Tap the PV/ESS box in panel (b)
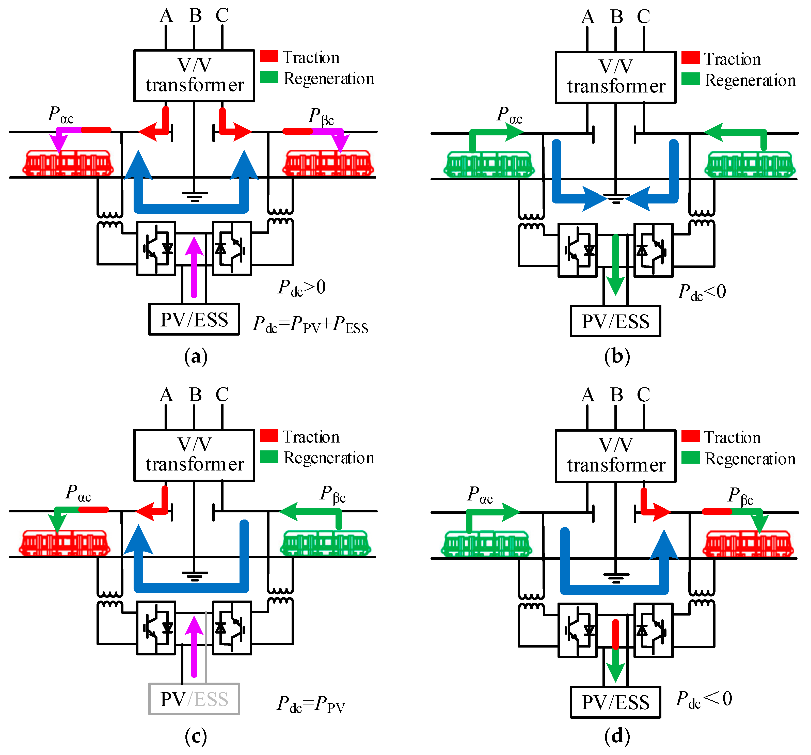pyautogui.click(x=615, y=322)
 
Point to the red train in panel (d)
pyautogui.click(x=748, y=544)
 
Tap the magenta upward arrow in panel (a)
pyautogui.click(x=194, y=267)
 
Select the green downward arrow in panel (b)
pyautogui.click(x=615, y=265)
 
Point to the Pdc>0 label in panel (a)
pyautogui.click(x=302, y=288)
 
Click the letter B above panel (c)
pyautogui.click(x=195, y=395)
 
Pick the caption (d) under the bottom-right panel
pyautogui.click(x=617, y=736)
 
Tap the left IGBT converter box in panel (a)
pyautogui.click(x=156, y=248)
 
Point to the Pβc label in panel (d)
pyautogui.click(x=740, y=496)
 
